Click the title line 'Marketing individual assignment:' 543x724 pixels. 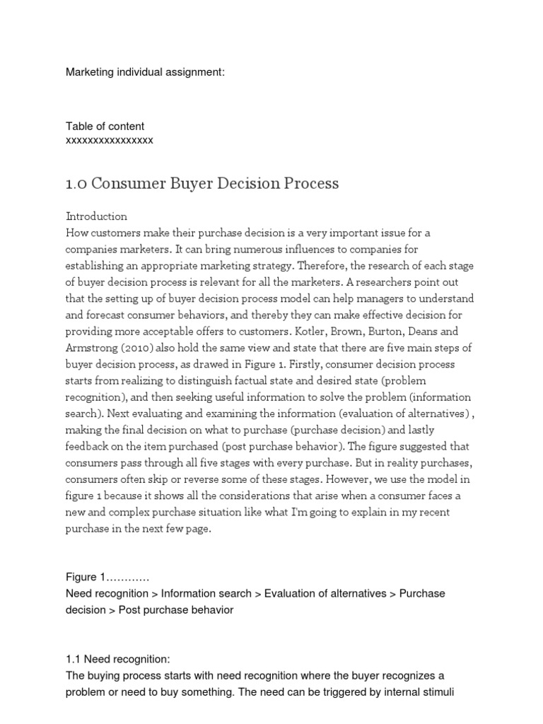click(145, 72)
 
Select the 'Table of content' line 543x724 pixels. click(105, 127)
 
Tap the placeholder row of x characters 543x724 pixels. click(109, 140)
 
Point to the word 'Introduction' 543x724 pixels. click(96, 216)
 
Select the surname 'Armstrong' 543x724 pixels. click(93, 348)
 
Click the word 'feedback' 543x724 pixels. click(88, 446)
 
